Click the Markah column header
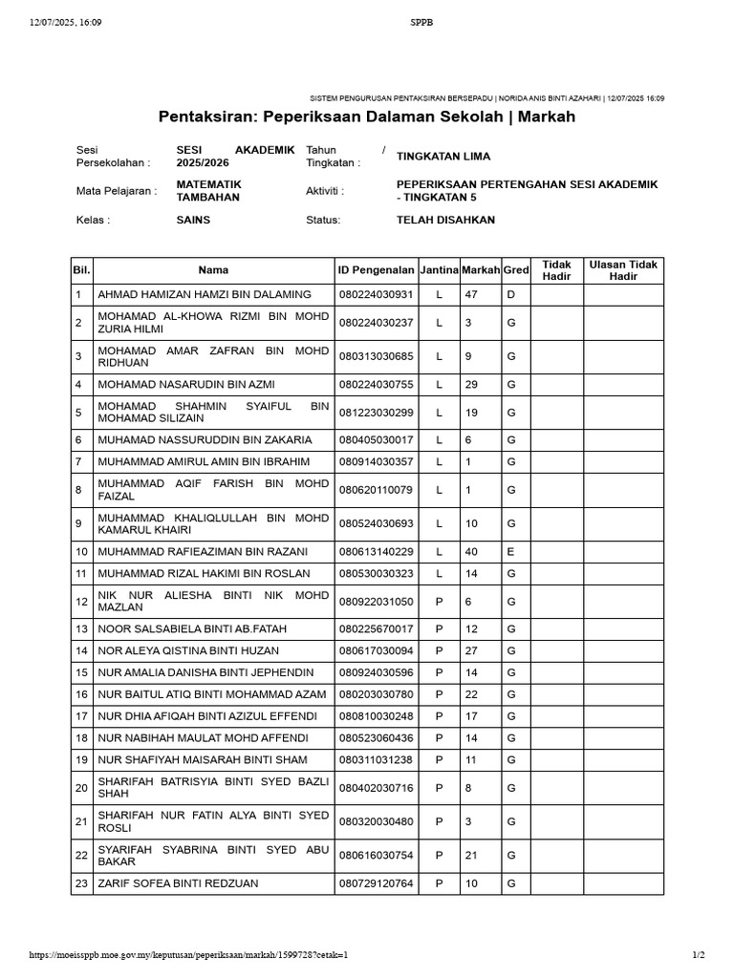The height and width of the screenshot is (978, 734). pos(481,270)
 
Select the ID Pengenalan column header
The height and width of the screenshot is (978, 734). pos(376,270)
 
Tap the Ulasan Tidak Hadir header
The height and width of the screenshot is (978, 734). pos(623,270)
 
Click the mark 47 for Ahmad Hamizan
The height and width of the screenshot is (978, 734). pos(471,294)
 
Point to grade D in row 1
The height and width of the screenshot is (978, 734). pos(511,294)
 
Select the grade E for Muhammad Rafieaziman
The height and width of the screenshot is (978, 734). pos(511,551)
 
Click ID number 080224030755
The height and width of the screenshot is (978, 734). pos(376,385)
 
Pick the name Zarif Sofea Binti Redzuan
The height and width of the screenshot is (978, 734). pos(178,883)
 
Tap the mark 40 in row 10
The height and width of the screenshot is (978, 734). pos(471,551)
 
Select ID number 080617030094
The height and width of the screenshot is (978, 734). pos(376,650)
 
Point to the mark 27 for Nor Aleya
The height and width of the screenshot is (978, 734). pos(471,650)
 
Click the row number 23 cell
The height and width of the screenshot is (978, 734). pos(81,883)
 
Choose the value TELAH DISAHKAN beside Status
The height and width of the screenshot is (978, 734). pos(445,220)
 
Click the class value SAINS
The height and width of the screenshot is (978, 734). pos(193,220)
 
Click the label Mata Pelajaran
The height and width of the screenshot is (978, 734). pos(116,191)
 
